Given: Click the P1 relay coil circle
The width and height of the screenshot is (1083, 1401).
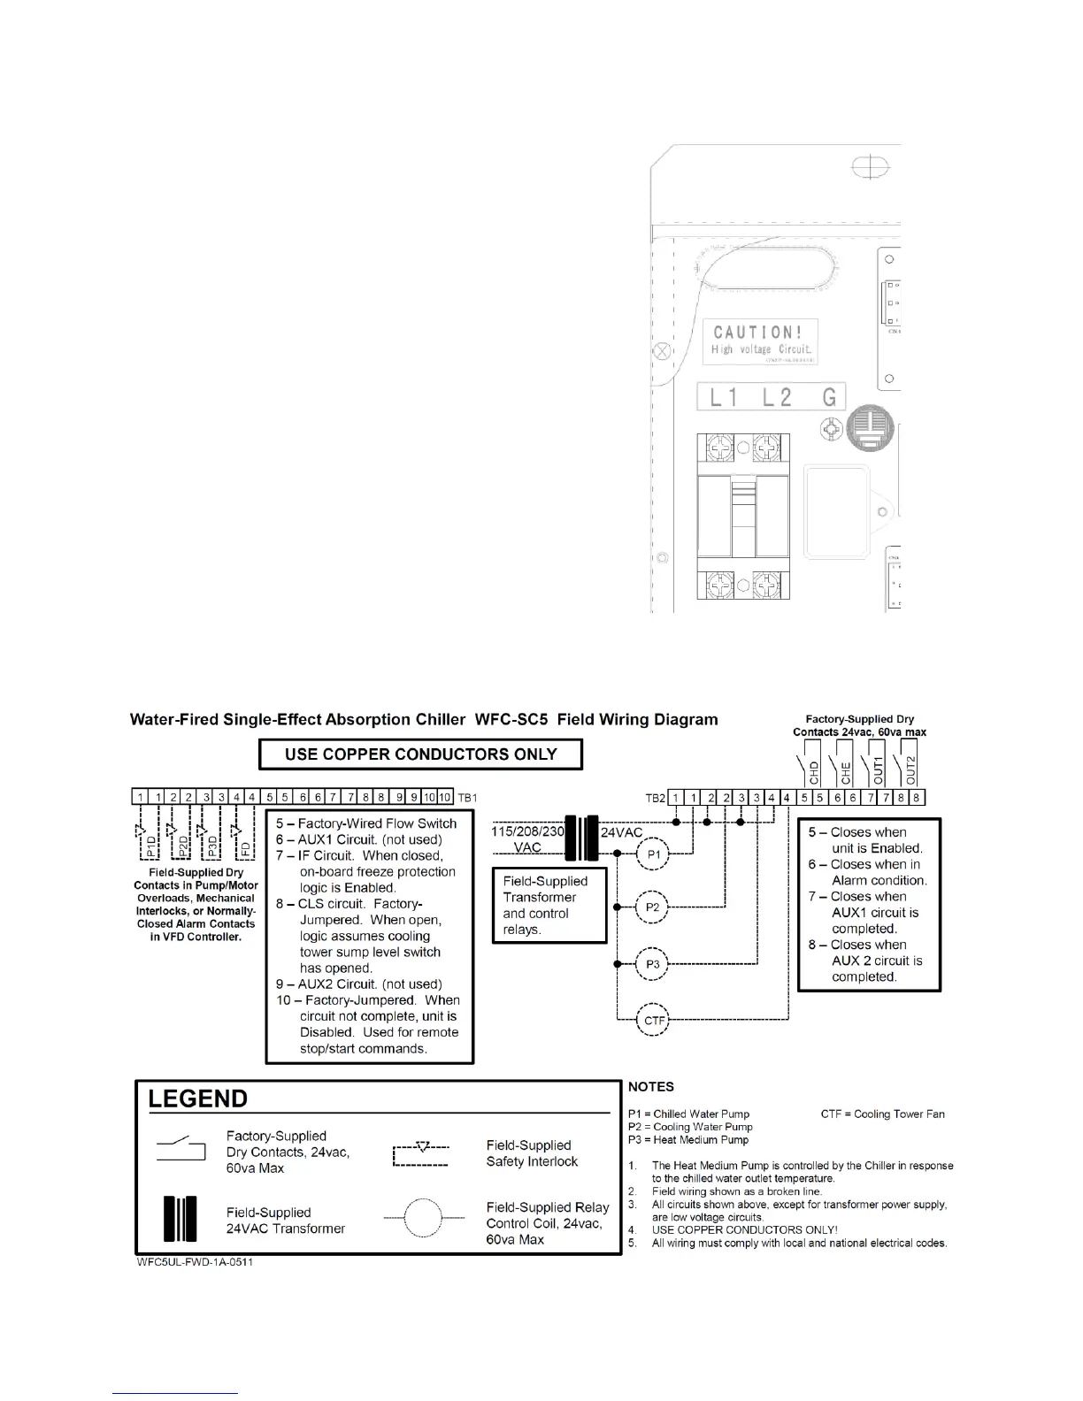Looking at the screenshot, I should click(x=653, y=854).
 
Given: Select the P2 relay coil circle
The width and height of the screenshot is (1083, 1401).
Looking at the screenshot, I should click(x=653, y=907).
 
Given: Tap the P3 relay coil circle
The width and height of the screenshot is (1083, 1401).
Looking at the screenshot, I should click(x=653, y=964).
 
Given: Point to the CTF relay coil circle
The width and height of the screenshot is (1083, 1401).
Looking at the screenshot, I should click(x=654, y=1021).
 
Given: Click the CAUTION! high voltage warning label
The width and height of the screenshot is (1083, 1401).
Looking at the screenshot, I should click(x=760, y=341).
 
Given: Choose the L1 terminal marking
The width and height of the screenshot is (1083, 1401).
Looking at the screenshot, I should click(x=724, y=397).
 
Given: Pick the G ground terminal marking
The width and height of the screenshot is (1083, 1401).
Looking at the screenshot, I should click(x=829, y=397).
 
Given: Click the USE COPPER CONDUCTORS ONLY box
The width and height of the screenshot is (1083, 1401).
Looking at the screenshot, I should click(x=420, y=754).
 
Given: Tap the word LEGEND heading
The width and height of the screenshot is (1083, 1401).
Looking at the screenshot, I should click(x=198, y=1099).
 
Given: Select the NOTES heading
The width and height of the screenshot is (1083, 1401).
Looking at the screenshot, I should click(x=651, y=1087).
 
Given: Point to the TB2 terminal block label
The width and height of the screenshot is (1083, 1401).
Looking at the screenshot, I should click(x=655, y=799).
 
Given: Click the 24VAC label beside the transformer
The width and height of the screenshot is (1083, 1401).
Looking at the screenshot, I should click(x=622, y=833).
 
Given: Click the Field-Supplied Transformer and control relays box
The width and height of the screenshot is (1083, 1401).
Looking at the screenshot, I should click(x=549, y=905).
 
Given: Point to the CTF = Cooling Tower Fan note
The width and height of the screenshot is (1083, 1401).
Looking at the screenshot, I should click(x=882, y=1114).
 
